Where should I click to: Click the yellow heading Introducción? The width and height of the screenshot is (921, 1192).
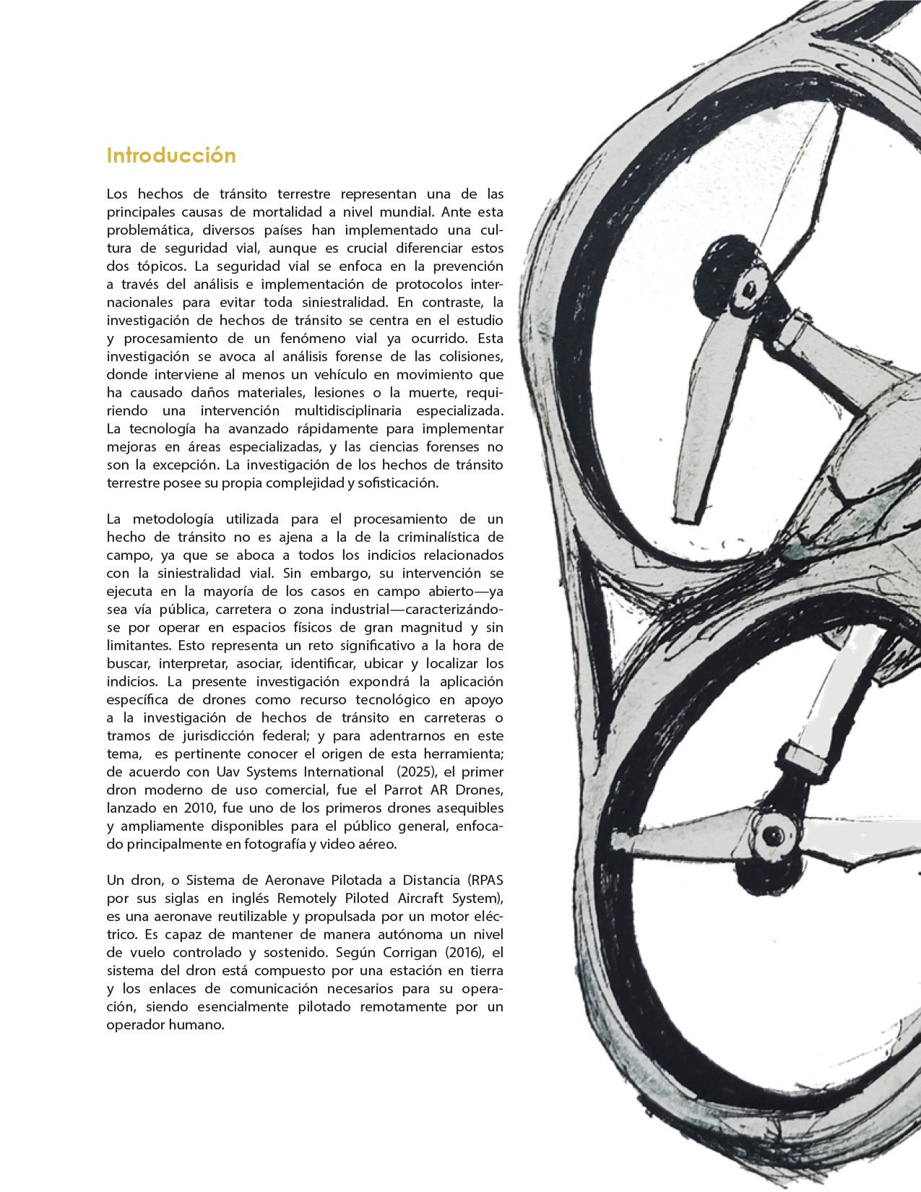pyautogui.click(x=171, y=156)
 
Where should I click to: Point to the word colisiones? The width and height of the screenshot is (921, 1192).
pyautogui.click(x=463, y=357)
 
